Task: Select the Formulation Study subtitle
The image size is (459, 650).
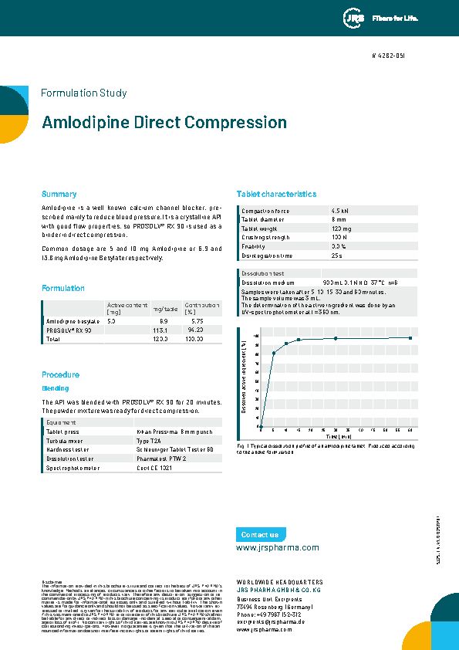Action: pyautogui.click(x=83, y=93)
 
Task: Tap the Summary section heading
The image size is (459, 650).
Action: pyautogui.click(x=59, y=195)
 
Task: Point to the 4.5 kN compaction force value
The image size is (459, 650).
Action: pyautogui.click(x=339, y=211)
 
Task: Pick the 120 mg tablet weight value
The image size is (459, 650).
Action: pyautogui.click(x=340, y=229)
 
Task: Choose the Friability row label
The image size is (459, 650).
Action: pyautogui.click(x=255, y=246)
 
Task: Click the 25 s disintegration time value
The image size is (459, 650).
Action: pyautogui.click(x=336, y=255)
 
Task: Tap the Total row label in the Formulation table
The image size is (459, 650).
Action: pyautogui.click(x=54, y=339)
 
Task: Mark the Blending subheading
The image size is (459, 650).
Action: pyautogui.click(x=55, y=388)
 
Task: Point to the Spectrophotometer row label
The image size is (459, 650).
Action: pyautogui.click(x=74, y=468)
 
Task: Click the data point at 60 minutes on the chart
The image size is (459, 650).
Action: pyautogui.click(x=410, y=337)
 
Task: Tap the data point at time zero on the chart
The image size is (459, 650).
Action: pyautogui.click(x=261, y=426)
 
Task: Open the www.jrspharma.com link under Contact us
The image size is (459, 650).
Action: pyautogui.click(x=277, y=547)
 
